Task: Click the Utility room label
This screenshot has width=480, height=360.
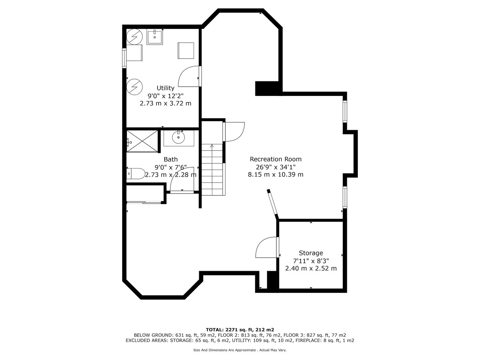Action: pos(165,88)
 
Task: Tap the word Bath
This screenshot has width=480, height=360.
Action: pos(171,159)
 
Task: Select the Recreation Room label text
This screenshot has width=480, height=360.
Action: pos(276,159)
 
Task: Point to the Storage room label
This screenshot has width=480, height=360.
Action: pos(311,253)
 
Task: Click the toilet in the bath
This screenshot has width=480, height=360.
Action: pos(136,174)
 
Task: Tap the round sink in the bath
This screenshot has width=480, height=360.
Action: pos(178,137)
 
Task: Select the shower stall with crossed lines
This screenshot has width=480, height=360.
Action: pos(142,141)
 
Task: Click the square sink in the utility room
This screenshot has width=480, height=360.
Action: pos(154,37)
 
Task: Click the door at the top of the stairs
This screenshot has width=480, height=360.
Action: pos(234,132)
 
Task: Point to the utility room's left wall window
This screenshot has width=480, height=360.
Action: pos(124,58)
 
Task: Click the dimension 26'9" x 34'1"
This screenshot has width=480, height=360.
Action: pos(276,167)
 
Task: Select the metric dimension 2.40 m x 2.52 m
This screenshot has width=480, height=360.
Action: pos(311,268)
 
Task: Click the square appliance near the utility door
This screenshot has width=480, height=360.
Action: pos(186,51)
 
